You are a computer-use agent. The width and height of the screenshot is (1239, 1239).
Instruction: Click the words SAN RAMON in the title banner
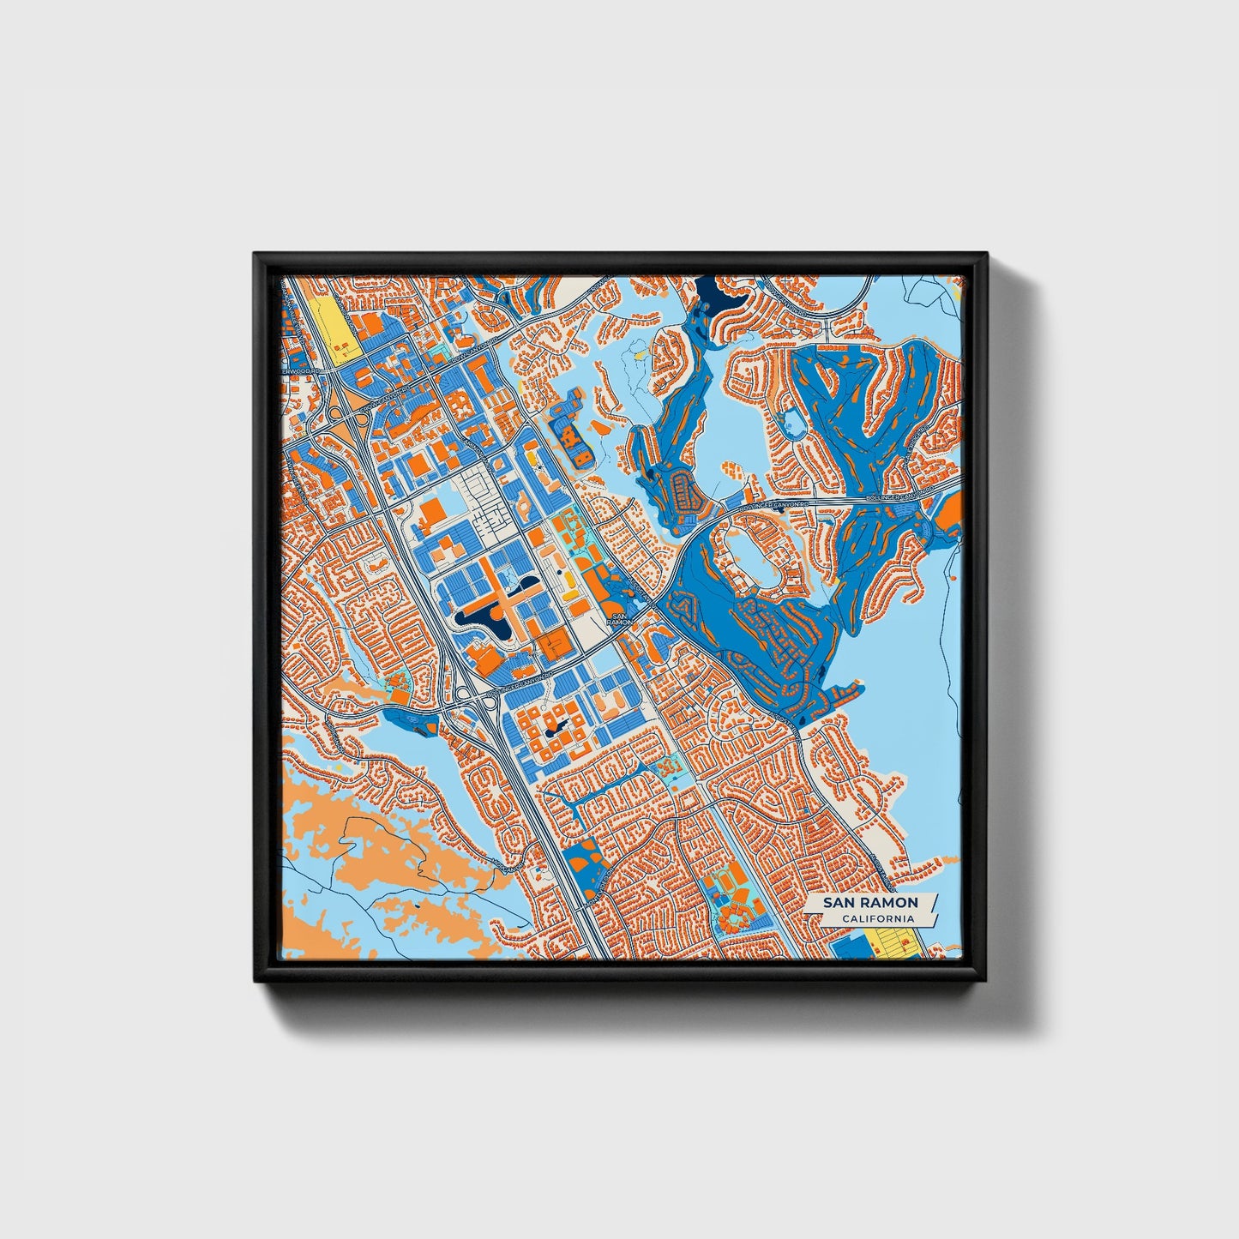coord(870,903)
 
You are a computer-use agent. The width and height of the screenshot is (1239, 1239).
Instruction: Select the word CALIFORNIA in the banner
coord(877,919)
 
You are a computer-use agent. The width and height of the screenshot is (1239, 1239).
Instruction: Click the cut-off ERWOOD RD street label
coord(299,370)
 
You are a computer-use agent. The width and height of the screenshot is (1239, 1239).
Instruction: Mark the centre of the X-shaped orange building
coord(506,592)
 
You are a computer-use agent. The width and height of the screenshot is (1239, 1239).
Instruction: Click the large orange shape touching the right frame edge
coord(947,513)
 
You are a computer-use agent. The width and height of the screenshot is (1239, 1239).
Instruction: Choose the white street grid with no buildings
coord(484,497)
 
